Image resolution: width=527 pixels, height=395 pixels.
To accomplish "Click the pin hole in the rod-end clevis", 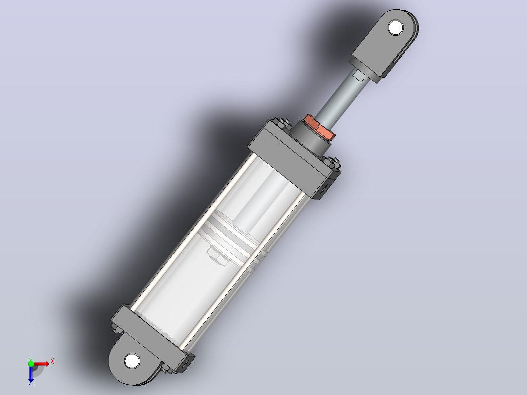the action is point(395,27).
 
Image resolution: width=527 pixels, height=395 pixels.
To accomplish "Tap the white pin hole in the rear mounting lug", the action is point(132,361).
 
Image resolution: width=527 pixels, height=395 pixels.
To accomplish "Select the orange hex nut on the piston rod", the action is point(320,128).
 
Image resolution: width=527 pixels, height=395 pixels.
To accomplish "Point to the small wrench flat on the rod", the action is point(359,76).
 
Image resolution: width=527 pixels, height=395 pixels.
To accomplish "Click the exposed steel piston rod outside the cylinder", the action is point(340,95).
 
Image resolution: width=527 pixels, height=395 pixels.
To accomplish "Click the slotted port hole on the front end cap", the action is point(322,189).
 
